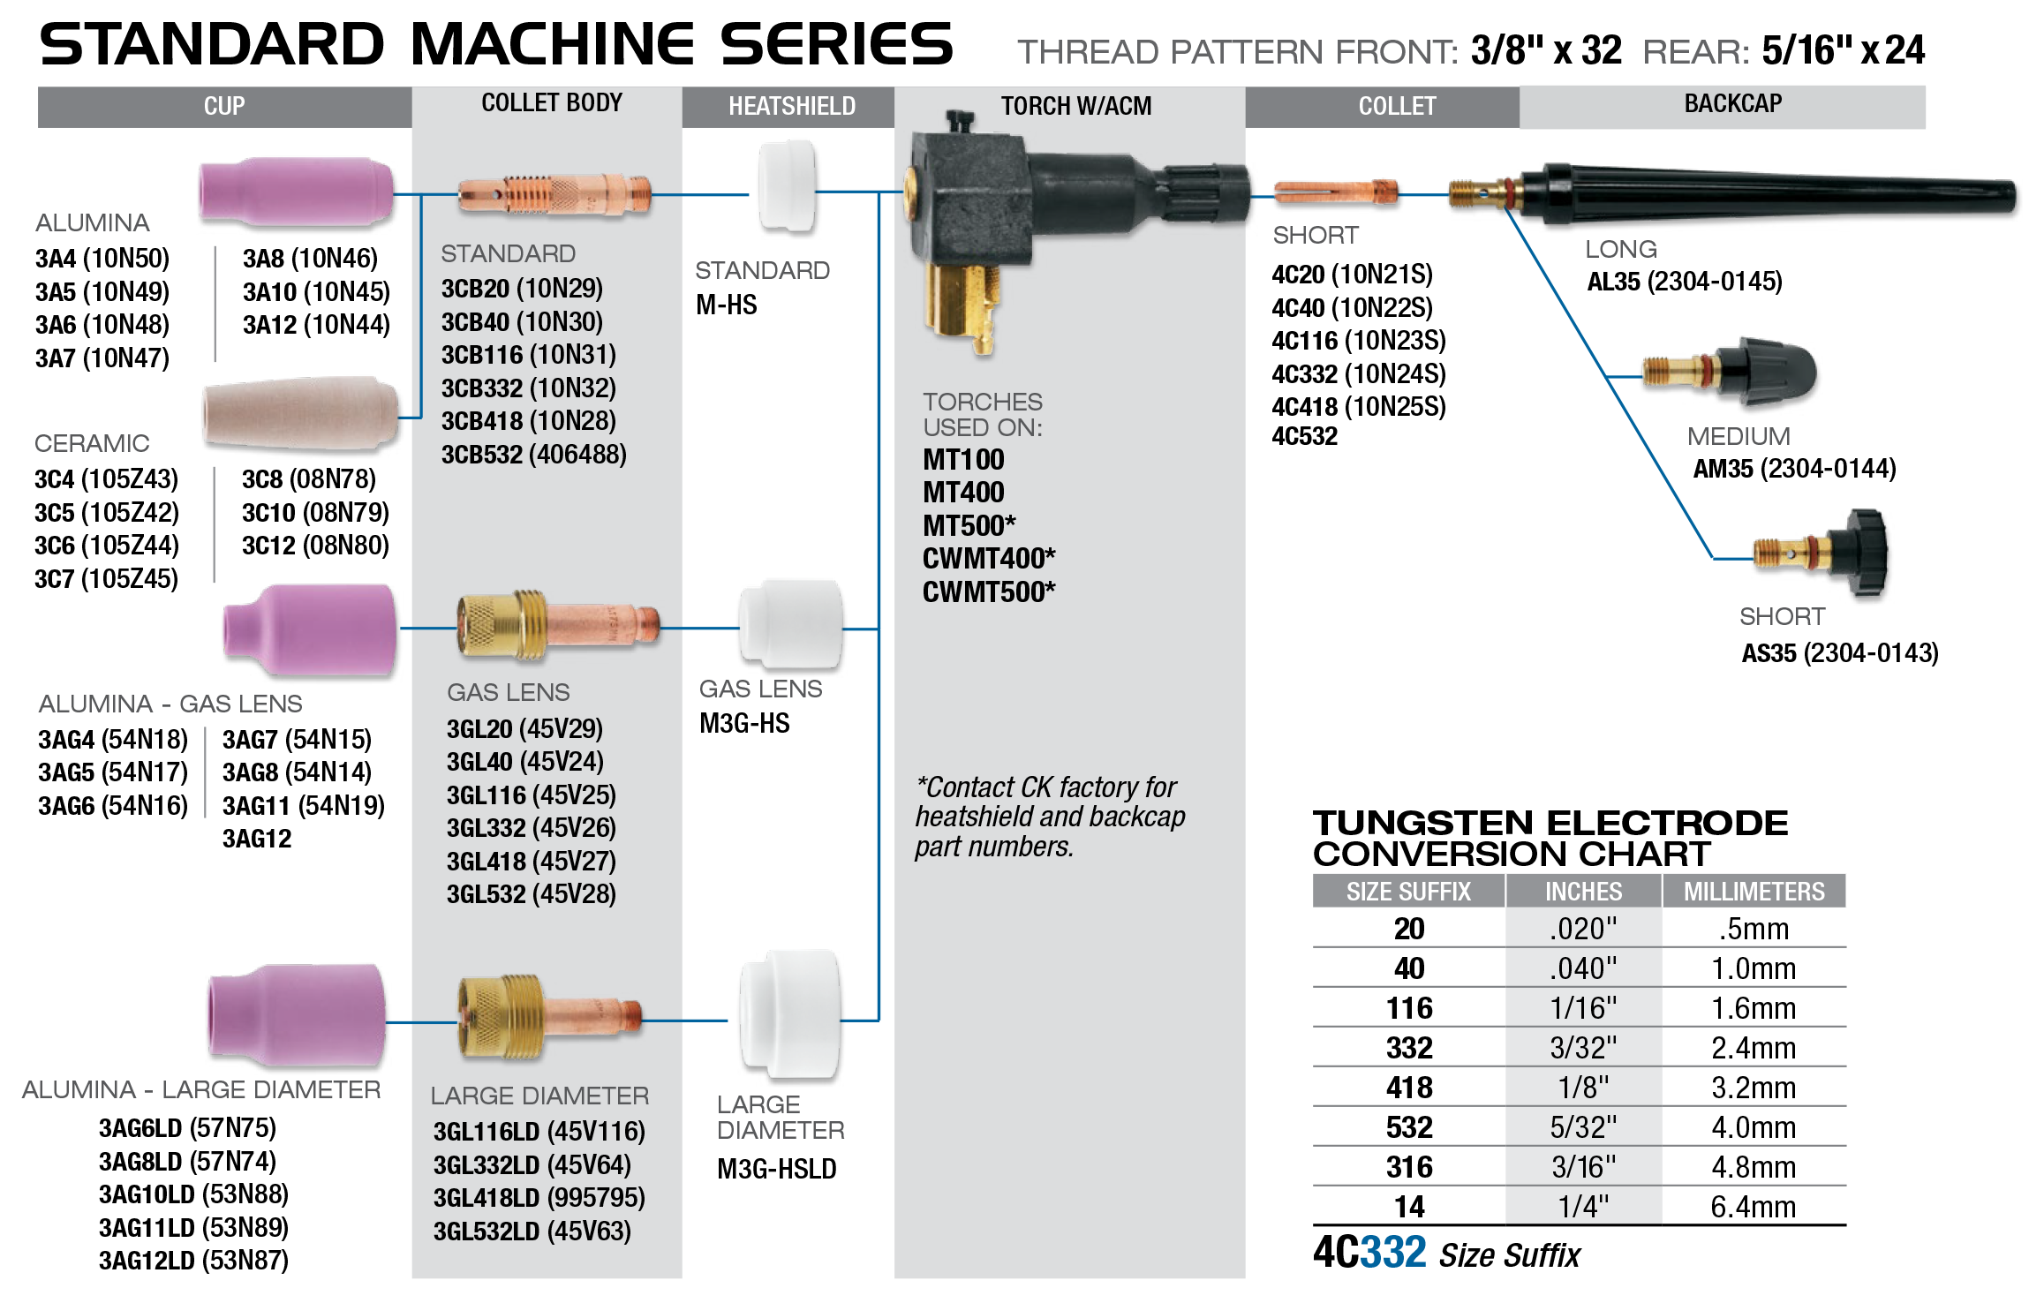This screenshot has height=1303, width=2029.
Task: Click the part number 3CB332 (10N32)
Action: coord(528,388)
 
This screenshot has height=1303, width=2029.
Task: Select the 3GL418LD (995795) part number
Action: coord(539,1198)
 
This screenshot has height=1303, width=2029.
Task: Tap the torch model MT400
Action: coord(963,493)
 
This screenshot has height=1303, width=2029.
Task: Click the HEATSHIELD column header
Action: coord(791,107)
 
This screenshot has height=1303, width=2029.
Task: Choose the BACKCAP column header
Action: coord(1732,104)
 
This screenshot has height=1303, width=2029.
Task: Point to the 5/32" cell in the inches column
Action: coord(1583,1127)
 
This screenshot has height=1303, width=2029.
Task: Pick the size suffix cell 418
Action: coord(1408,1088)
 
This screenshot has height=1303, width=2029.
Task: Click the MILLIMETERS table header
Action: coord(1754,892)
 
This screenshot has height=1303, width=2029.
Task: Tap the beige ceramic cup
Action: coord(299,412)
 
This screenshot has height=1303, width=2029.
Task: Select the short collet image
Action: coord(1334,192)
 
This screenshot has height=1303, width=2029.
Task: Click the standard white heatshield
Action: coord(787,184)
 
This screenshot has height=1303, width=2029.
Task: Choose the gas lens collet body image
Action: coord(556,626)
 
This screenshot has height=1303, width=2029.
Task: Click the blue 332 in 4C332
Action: coord(1393,1252)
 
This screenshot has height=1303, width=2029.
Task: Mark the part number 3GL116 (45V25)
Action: coord(531,795)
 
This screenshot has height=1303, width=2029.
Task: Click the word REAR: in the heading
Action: coord(1695,52)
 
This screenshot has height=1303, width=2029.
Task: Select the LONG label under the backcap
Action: coord(1620,250)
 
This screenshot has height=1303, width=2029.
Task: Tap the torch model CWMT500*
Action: coord(988,592)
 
